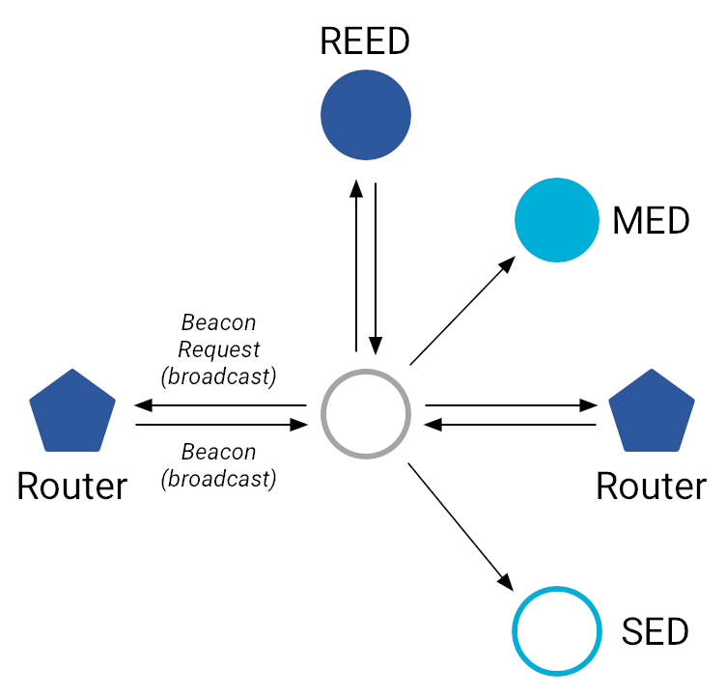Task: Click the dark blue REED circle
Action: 366,115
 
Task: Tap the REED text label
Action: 366,42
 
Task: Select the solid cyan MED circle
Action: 558,220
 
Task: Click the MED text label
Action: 652,221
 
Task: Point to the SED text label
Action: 655,632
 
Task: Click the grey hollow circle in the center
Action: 365,414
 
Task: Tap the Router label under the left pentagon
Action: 72,486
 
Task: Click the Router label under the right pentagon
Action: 652,486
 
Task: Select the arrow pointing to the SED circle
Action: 461,527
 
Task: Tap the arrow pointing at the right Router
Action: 511,405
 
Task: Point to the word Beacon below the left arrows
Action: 219,453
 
